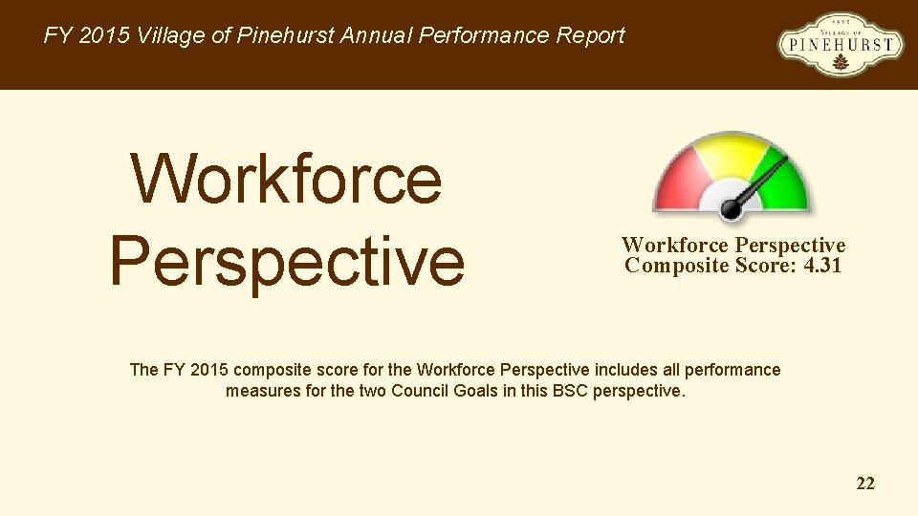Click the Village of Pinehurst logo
coord(841,44)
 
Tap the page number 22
coord(865,484)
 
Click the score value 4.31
coord(822,266)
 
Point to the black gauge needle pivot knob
coord(732,206)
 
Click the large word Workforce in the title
coord(286,179)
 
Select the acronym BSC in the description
coord(570,391)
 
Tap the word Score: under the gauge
coord(769,266)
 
